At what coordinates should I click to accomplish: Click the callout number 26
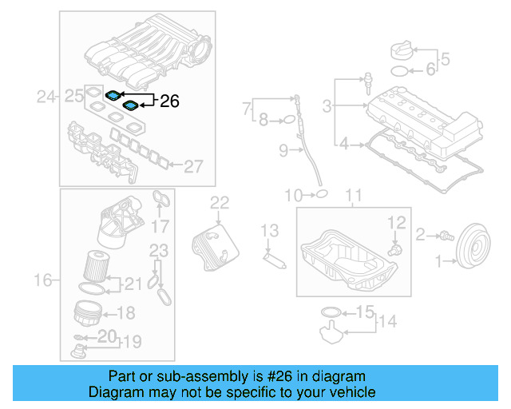(x=170, y=101)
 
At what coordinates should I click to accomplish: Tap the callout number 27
(x=194, y=166)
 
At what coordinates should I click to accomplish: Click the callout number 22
(x=219, y=202)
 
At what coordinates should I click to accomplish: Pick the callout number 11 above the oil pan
(x=353, y=195)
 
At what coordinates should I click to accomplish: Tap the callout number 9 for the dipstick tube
(x=283, y=149)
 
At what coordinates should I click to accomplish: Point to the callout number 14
(x=386, y=322)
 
